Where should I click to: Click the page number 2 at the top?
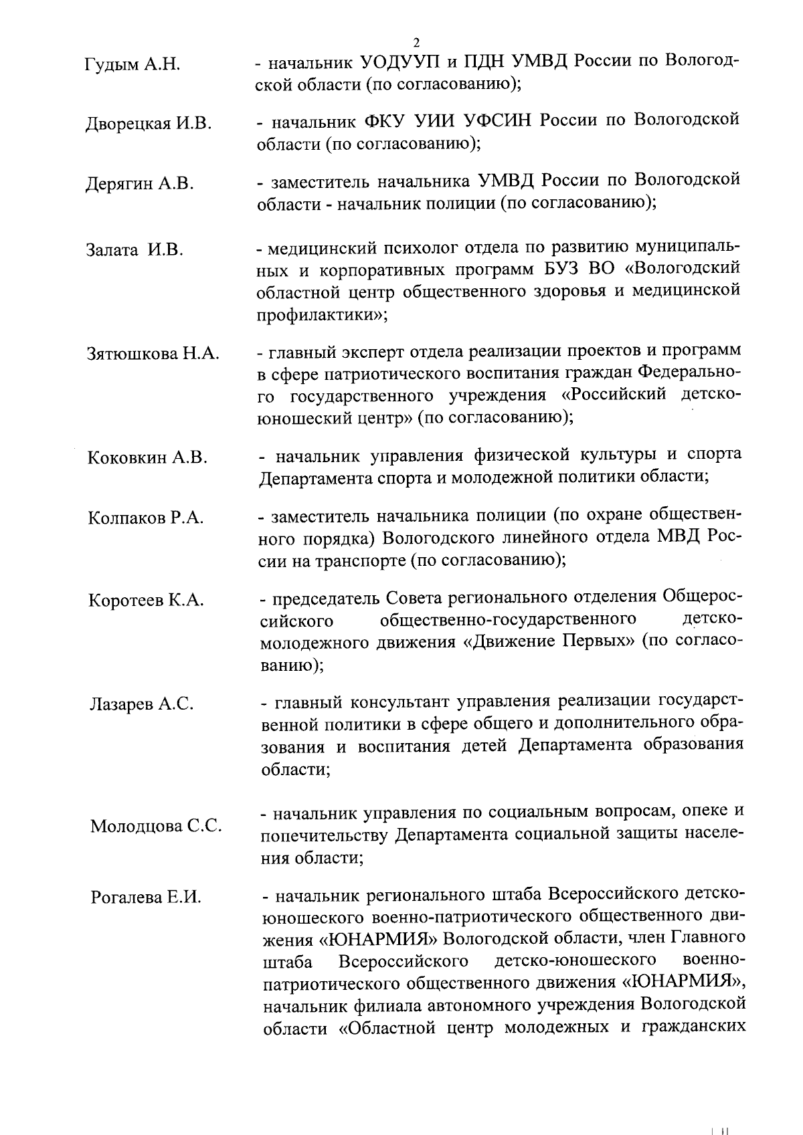417,42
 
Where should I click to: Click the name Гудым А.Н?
133,66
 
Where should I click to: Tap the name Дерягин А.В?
140,184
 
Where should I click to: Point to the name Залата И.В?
135,251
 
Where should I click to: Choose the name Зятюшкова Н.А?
153,354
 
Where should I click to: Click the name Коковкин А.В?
147,458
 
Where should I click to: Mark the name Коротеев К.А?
146,601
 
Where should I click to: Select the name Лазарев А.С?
142,704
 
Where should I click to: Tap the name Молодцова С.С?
156,827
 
